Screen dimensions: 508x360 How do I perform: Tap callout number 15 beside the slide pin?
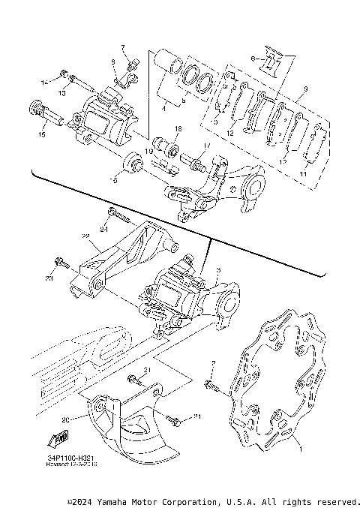point(43,135)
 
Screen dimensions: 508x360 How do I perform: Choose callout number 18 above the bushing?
point(178,130)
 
